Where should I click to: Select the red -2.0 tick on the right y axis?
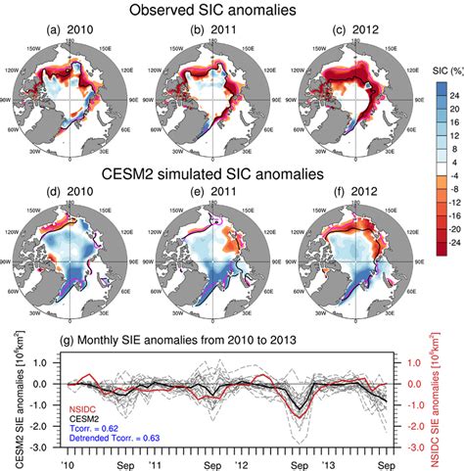pyautogui.click(x=403, y=425)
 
